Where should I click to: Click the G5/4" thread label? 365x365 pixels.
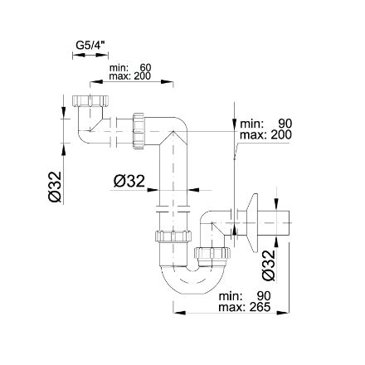pos(90,45)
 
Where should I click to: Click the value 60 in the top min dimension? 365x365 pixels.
pos(145,67)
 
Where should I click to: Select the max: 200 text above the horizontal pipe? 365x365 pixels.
pos(130,76)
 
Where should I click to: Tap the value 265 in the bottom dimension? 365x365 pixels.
pos(260,307)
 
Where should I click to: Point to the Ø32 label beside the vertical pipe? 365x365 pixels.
pos(129,182)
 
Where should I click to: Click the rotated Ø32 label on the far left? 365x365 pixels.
pos(55,187)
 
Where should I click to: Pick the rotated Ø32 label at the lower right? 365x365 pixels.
pos(269,265)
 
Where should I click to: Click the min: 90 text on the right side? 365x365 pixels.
pos(265,124)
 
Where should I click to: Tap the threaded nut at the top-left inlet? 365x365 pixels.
pos(90,101)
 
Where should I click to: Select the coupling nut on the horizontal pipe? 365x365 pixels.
pos(139,131)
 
